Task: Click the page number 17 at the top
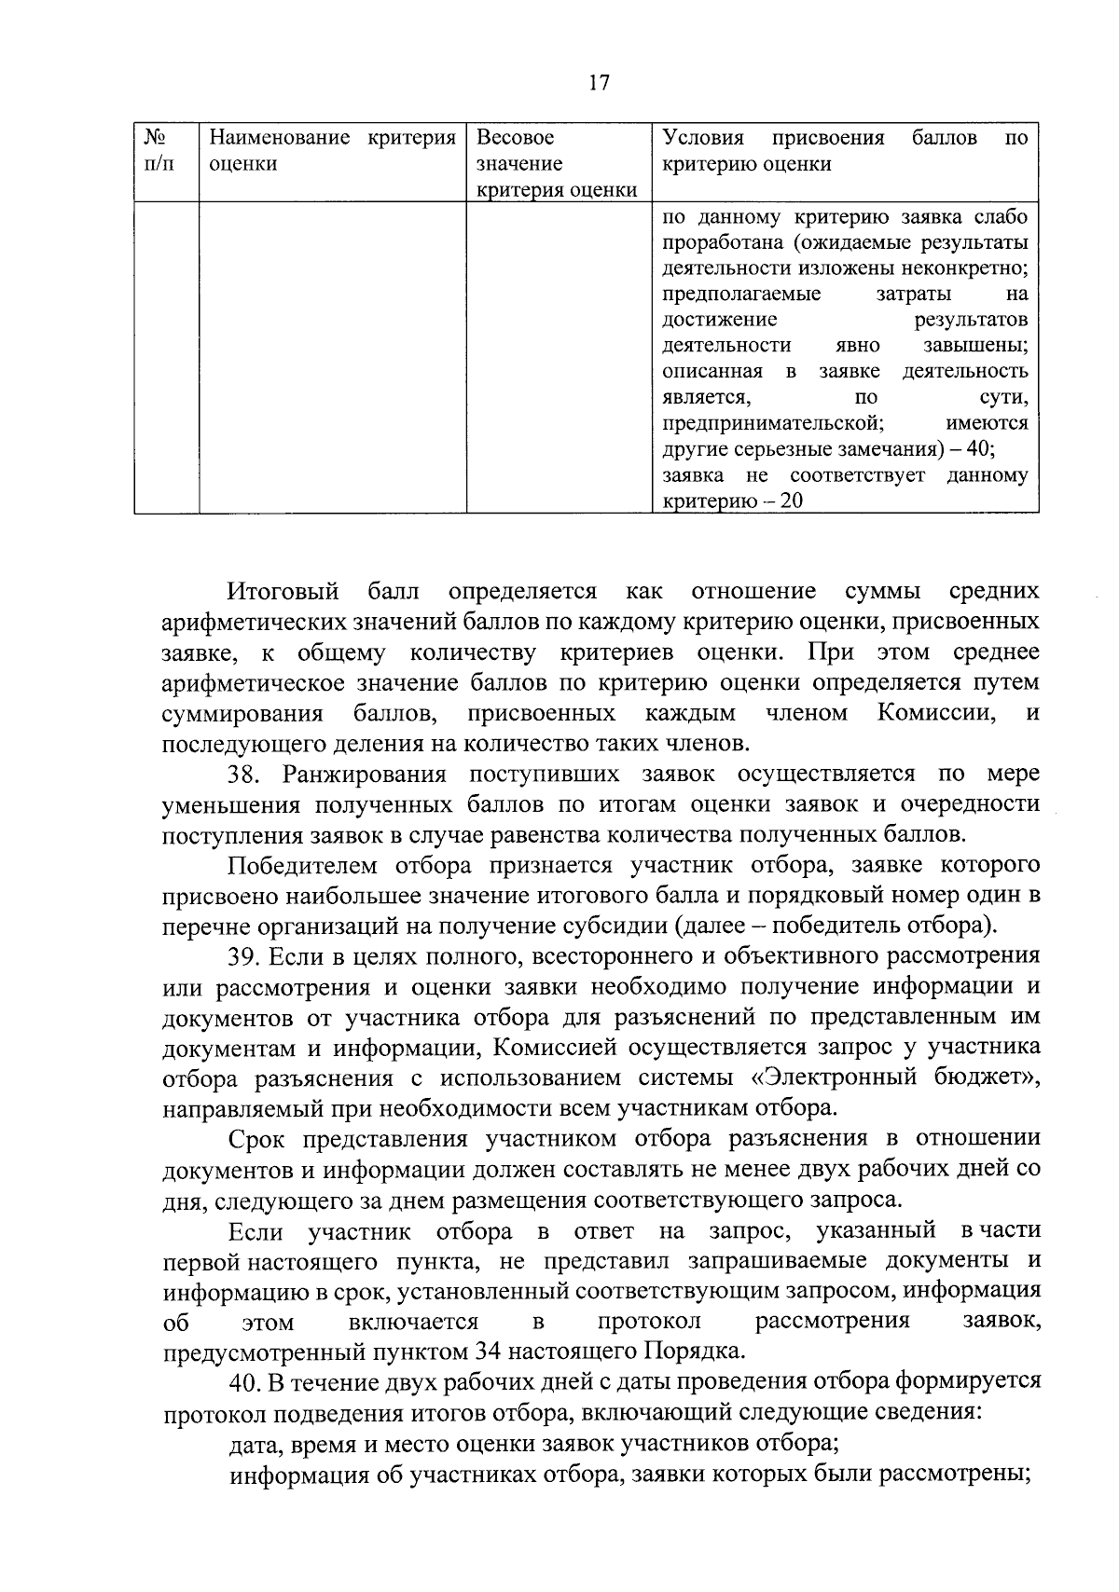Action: (x=599, y=83)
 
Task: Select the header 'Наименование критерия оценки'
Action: (x=332, y=151)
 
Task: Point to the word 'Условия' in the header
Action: (x=703, y=139)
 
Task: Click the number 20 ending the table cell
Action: (x=791, y=501)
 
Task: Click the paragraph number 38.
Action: (x=247, y=775)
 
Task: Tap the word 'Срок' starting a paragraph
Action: (x=256, y=1139)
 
